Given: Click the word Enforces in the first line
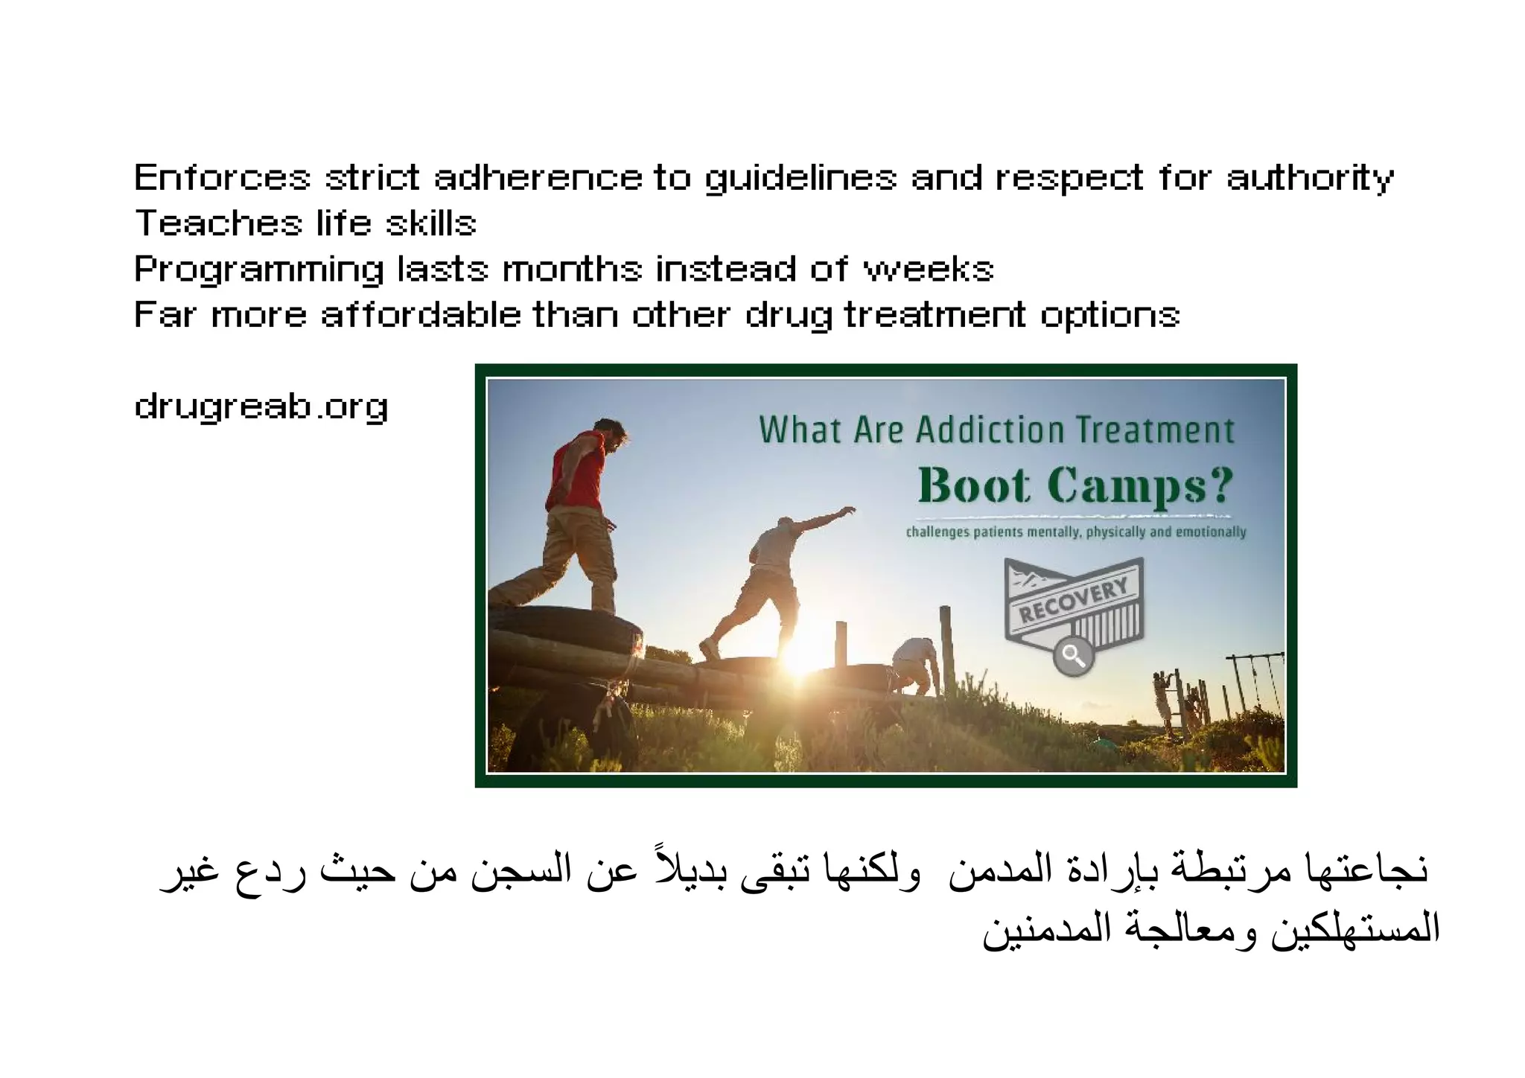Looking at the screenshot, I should coord(221,179).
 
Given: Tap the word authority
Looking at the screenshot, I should coord(1309,179).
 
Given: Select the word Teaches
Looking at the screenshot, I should coord(218,223).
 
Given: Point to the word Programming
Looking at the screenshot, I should coord(258,269).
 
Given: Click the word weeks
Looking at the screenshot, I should coord(928,269).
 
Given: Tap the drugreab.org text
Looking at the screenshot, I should coord(261,407).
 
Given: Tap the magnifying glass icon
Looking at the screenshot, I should coord(1072,655).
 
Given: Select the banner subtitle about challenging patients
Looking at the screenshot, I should coord(1075,532).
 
